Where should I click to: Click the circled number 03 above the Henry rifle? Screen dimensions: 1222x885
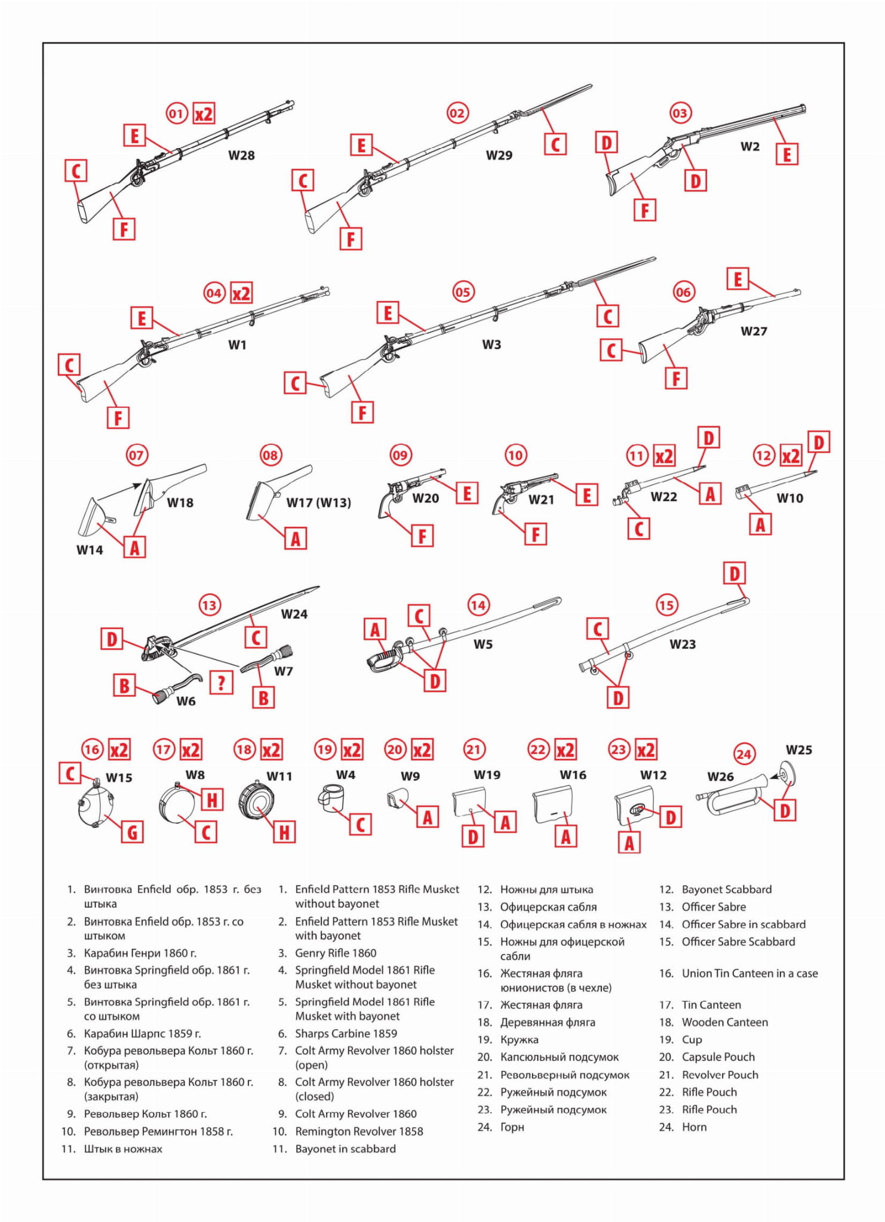point(680,113)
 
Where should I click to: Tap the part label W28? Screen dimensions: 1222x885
point(241,155)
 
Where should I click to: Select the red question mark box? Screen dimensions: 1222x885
point(221,682)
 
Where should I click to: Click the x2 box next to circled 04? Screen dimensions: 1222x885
point(241,293)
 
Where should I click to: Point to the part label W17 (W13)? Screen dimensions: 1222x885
point(318,503)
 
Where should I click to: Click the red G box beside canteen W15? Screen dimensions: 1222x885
point(132,831)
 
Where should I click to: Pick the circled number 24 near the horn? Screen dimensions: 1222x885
point(743,754)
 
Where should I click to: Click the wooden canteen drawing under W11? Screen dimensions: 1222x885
point(256,802)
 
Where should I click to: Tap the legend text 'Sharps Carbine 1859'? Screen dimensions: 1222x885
point(346,1033)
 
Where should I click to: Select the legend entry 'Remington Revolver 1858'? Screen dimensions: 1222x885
point(359,1131)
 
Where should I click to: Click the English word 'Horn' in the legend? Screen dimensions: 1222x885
point(694,1127)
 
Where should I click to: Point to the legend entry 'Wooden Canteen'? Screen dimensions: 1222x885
point(724,1022)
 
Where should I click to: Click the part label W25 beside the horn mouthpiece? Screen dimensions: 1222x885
point(798,750)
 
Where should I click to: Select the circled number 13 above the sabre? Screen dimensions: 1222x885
point(209,606)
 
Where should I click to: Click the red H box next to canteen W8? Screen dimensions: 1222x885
point(212,799)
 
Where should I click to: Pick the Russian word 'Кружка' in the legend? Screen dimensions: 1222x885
point(519,1040)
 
